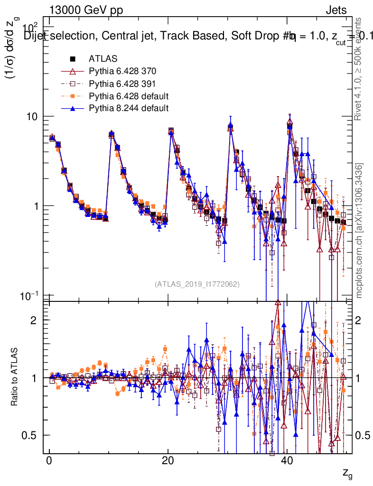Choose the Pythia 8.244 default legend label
click(x=129, y=108)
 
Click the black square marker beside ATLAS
click(x=73, y=59)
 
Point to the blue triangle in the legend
click(x=73, y=108)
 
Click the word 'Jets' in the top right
click(x=336, y=11)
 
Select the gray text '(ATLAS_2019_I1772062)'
click(x=197, y=284)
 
